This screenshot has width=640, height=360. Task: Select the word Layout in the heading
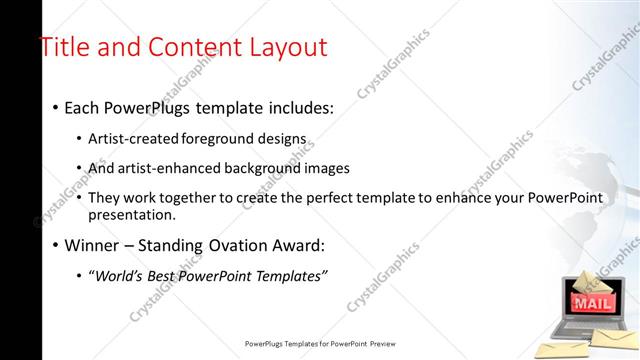click(x=281, y=47)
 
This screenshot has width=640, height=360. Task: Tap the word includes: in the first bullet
click(x=301, y=107)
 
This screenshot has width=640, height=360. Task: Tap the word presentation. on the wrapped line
click(x=132, y=215)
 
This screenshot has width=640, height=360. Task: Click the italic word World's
click(x=123, y=276)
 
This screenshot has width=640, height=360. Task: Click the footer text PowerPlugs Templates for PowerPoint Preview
click(x=320, y=343)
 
